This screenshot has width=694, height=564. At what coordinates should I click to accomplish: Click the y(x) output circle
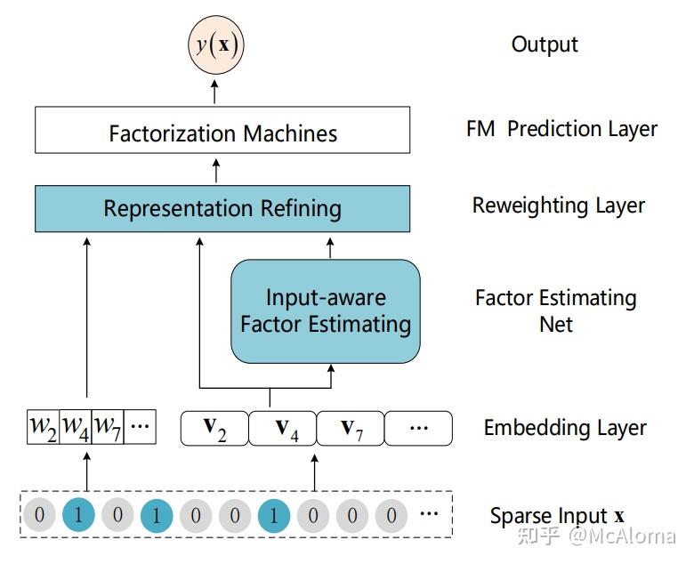coord(214,44)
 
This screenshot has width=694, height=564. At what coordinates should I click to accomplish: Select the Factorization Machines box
coord(222,132)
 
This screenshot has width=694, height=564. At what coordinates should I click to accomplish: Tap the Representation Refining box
coord(222,208)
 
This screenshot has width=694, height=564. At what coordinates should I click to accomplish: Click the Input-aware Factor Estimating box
coord(325,311)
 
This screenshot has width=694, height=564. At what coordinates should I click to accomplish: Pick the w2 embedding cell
coord(43,427)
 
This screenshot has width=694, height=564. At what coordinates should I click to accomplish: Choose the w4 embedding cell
coord(75,427)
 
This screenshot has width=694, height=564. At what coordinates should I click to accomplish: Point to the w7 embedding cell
coord(108,427)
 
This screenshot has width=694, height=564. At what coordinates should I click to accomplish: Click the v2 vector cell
coord(214,428)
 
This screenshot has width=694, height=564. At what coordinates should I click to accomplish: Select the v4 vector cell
coord(282,428)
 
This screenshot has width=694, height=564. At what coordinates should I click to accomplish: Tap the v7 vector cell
coord(351,428)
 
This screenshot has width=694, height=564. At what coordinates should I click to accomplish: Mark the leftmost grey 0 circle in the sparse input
coord(38,515)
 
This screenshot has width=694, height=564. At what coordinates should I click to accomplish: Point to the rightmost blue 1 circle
coord(273,515)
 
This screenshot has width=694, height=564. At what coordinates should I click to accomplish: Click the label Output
coord(545,44)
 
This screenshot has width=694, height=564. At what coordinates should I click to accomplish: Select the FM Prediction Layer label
coord(561,129)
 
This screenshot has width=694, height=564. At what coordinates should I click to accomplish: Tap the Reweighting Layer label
coord(558,205)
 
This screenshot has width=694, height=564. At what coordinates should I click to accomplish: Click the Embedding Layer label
coord(565,428)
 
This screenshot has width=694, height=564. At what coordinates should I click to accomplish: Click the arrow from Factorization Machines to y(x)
coord(214,90)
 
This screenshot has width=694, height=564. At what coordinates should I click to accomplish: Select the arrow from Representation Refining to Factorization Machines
coord(214,169)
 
